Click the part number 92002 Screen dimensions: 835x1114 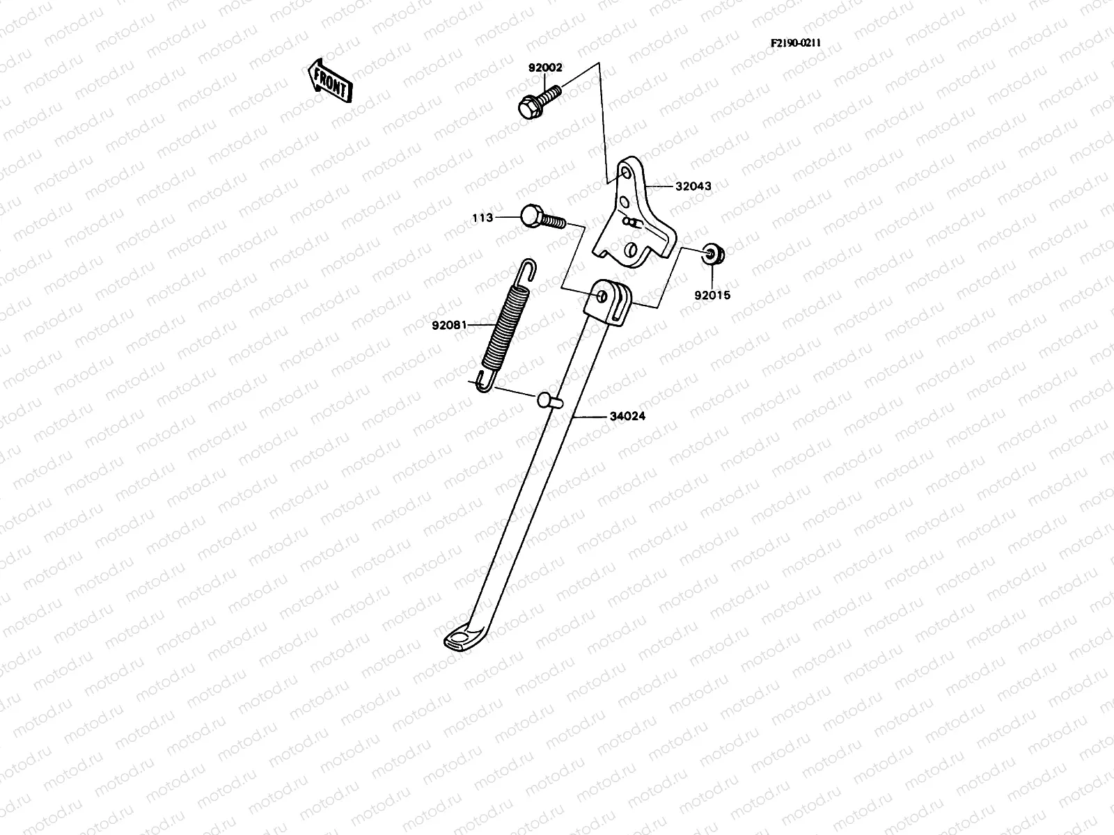pyautogui.click(x=545, y=68)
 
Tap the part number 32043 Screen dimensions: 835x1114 pyautogui.click(x=693, y=186)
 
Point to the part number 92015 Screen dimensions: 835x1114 pyautogui.click(x=712, y=294)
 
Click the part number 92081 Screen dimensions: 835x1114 pyautogui.click(x=449, y=324)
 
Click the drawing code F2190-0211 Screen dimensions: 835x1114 pyautogui.click(x=795, y=42)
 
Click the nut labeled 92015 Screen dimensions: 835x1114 pyautogui.click(x=712, y=255)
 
